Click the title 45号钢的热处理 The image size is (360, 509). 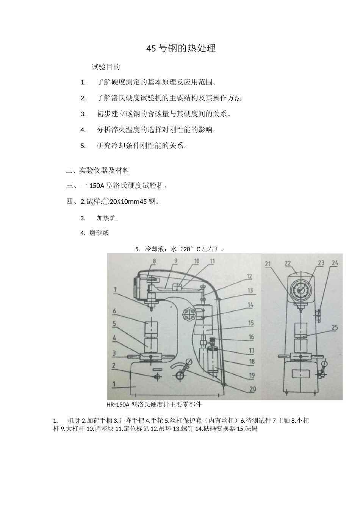181,48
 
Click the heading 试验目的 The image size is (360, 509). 106,67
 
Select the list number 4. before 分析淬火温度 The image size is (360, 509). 83,130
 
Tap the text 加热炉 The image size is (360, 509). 108,218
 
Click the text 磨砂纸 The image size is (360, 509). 99,233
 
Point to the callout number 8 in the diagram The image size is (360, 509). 144,261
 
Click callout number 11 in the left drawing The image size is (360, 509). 212,261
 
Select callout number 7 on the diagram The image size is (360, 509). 114,290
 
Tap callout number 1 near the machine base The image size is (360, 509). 114,384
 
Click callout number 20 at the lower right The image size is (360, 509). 252,389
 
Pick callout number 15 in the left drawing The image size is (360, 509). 251,323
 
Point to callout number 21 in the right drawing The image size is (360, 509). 269,264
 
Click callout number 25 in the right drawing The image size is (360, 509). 334,328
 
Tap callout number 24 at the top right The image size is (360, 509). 335,263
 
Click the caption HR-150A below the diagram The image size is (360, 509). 118,404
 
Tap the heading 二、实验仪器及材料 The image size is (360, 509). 98,170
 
